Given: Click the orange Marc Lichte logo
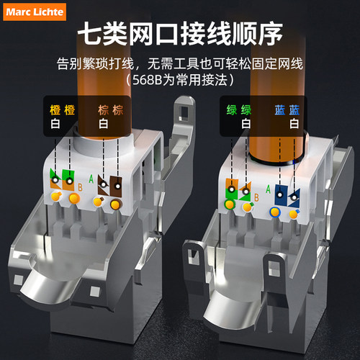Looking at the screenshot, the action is [x=35, y=12].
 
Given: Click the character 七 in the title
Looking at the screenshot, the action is [x=91, y=33].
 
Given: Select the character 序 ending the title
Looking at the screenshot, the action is [x=269, y=33].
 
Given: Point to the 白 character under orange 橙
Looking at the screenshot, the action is [x=55, y=124].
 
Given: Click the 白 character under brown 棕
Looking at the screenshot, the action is [x=104, y=124].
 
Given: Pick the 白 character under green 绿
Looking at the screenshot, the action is [x=246, y=124].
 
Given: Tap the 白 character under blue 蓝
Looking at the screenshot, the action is [x=294, y=124].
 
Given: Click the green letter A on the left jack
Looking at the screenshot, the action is [x=91, y=179].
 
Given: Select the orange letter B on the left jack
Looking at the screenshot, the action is [x=80, y=187].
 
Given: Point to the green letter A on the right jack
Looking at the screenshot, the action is [x=268, y=189].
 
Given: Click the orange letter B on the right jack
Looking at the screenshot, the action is [x=256, y=197].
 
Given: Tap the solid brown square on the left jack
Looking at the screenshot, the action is [x=116, y=186].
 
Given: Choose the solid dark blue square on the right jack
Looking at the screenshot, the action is [x=282, y=194].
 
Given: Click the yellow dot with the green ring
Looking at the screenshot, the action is [x=230, y=204].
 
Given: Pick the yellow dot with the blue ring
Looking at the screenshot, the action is [x=275, y=212].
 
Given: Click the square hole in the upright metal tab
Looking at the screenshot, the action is [x=184, y=113].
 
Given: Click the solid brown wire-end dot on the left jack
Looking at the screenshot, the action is [x=115, y=204].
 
